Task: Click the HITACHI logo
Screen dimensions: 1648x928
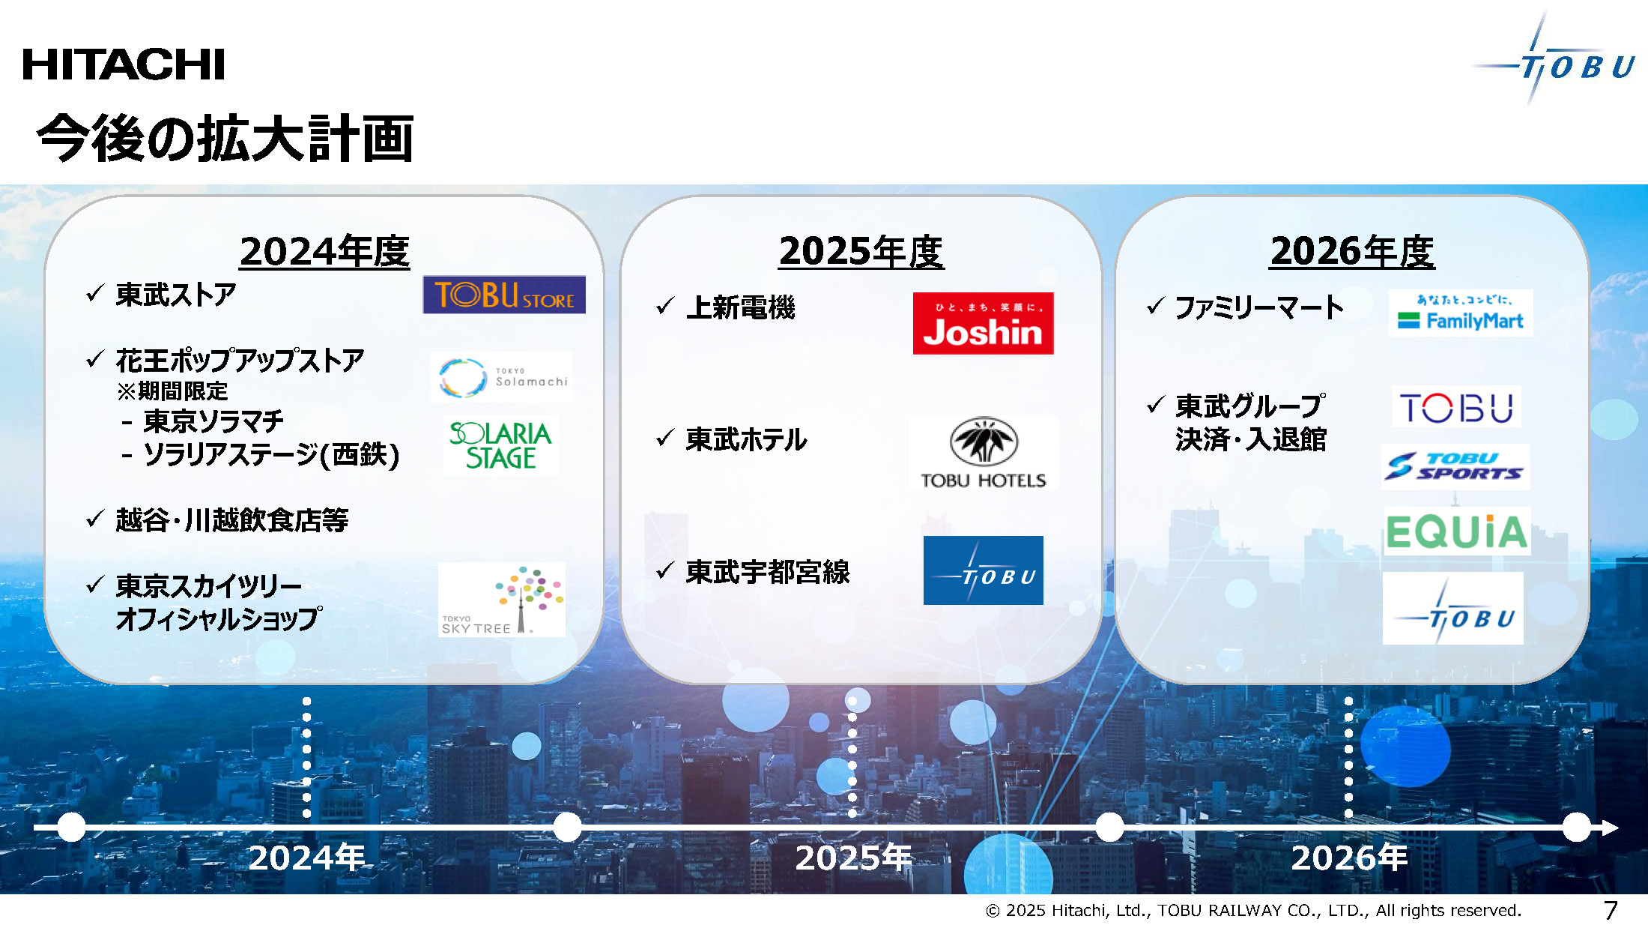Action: (124, 64)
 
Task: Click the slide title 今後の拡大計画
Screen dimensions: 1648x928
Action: (225, 139)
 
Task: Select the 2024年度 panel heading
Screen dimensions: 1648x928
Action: (324, 251)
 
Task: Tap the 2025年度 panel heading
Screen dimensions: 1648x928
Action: (861, 251)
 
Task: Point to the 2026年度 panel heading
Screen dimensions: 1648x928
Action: (1352, 251)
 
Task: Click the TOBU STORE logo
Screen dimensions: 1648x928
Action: (504, 295)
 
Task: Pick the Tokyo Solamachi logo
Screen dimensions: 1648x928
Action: (501, 377)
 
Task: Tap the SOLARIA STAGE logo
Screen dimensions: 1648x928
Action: (500, 445)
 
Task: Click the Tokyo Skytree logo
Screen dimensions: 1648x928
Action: (502, 600)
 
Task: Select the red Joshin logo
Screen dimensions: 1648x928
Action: (983, 323)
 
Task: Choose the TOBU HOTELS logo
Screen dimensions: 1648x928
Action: (984, 454)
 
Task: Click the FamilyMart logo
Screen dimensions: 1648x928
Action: (1461, 313)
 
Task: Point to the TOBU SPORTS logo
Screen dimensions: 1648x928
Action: (1455, 466)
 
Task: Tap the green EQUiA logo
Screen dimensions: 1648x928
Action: (1456, 531)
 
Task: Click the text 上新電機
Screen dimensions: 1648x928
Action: (740, 307)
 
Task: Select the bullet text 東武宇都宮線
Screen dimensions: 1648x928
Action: (768, 572)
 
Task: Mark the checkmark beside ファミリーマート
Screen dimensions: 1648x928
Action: (1156, 305)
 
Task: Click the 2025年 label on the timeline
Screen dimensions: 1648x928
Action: (852, 858)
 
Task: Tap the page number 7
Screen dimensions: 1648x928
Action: (1611, 910)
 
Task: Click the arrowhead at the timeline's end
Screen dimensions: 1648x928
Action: (1611, 828)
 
